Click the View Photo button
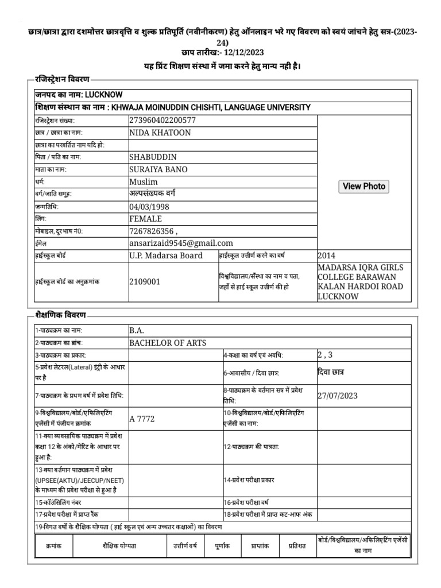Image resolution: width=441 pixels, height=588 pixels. click(x=364, y=186)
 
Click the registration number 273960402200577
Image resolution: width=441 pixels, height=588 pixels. click(x=163, y=121)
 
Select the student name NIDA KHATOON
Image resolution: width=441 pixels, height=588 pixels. click(x=160, y=133)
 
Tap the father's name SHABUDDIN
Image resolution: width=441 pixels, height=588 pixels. click(x=153, y=157)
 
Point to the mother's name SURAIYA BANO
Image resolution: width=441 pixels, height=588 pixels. click(x=158, y=169)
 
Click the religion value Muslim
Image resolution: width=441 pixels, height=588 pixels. click(x=144, y=181)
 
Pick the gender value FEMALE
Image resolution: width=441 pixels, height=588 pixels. click(x=146, y=219)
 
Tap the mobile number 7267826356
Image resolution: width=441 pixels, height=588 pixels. click(x=152, y=231)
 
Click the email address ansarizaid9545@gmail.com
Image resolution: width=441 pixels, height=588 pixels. click(x=181, y=243)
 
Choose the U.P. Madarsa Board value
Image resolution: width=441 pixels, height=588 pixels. click(x=166, y=256)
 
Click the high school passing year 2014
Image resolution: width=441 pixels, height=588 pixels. click(x=326, y=256)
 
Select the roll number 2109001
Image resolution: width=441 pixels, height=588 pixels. click(x=145, y=281)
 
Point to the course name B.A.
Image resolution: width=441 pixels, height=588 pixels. click(x=137, y=330)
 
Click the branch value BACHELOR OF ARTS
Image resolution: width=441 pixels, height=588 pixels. click(x=168, y=343)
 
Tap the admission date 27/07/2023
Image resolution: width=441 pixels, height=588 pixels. click(x=339, y=395)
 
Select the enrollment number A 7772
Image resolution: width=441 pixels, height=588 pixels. click(x=142, y=419)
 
